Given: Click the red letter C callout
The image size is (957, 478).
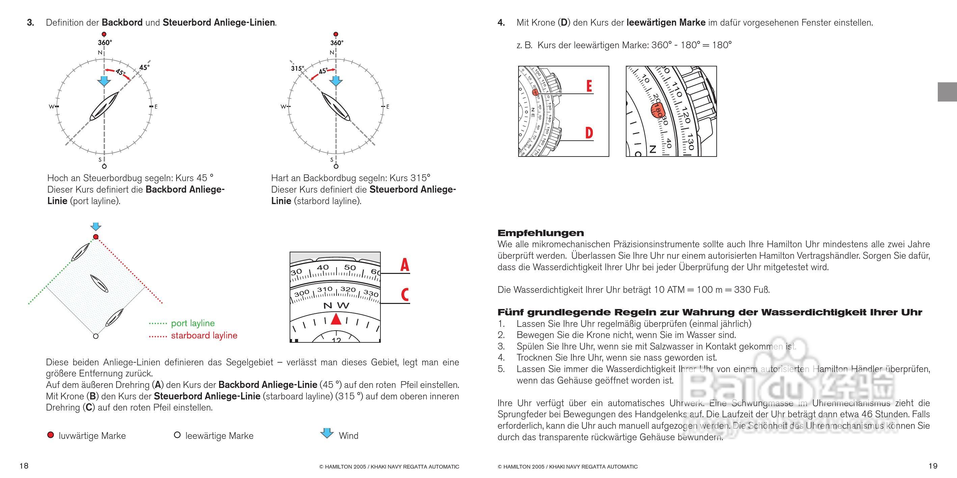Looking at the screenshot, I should (404, 295).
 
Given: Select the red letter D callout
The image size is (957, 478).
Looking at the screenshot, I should (589, 133).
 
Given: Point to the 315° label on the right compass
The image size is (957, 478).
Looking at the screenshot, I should (297, 68).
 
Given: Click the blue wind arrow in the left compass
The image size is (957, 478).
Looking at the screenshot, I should (104, 81).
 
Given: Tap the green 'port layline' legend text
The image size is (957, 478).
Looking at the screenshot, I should (192, 323).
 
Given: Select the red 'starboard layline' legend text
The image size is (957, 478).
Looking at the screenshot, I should (204, 336).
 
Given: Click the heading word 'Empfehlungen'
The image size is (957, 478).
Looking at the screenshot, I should (540, 233).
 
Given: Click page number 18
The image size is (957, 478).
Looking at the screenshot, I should (24, 466).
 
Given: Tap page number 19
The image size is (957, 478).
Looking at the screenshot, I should (933, 466).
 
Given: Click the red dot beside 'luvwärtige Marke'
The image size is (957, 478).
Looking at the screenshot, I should (51, 435).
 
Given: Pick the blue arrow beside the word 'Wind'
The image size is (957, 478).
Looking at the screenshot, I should (327, 433).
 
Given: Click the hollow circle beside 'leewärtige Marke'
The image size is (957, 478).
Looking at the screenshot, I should (177, 435).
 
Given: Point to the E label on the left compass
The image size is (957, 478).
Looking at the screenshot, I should (156, 107).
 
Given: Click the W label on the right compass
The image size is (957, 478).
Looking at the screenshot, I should (283, 107).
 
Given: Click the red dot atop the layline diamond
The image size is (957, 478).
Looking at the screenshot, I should (96, 237).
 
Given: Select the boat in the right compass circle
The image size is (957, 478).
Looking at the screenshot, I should (336, 107).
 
